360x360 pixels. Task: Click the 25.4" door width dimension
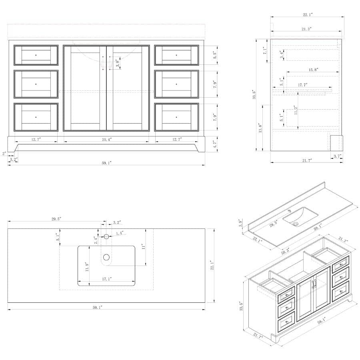click(x=106, y=139)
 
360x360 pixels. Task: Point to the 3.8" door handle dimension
click(x=117, y=63)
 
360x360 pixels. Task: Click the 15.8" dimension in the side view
click(x=313, y=70)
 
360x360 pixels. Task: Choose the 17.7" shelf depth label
click(x=302, y=85)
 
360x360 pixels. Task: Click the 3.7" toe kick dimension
click(x=337, y=156)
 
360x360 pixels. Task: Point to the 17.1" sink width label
click(x=106, y=279)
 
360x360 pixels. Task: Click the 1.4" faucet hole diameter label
click(x=120, y=233)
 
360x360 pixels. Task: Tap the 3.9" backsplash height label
click(x=240, y=222)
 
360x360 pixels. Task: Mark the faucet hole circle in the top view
click(x=106, y=236)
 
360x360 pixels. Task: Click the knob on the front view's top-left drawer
click(x=36, y=55)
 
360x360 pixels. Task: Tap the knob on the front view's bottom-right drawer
click(x=176, y=117)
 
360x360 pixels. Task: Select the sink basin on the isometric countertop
click(x=300, y=216)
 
